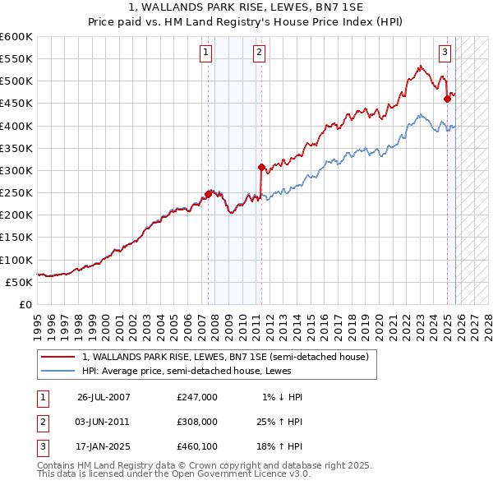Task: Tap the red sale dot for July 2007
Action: click(x=208, y=194)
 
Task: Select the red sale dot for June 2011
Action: click(x=260, y=167)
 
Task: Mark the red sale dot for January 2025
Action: click(x=448, y=99)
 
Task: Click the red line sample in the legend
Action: click(x=58, y=358)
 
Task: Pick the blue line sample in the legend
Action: click(x=58, y=371)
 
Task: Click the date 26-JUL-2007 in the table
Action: click(x=104, y=397)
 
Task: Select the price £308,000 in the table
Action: click(x=197, y=422)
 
